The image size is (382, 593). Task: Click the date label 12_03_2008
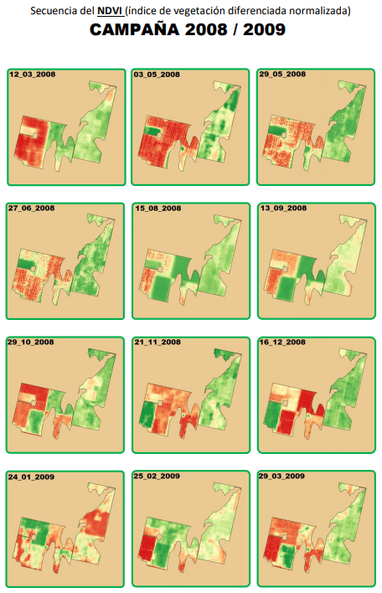point(32,75)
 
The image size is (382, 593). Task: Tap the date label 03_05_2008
point(157,75)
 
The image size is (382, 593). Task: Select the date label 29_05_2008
point(282,74)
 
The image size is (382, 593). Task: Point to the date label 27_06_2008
point(31,208)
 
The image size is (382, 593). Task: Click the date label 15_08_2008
point(158,209)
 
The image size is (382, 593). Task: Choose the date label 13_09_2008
point(283,208)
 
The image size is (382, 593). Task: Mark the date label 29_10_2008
point(31,342)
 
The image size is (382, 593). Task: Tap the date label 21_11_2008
point(157,342)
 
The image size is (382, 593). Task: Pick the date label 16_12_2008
point(282,342)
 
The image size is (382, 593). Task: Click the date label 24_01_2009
point(31,477)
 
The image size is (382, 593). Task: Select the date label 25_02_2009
point(157,476)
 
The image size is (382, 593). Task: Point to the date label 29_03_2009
point(281,476)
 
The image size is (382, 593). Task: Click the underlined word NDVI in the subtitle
point(109,11)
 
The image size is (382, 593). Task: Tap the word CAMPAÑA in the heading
point(134,30)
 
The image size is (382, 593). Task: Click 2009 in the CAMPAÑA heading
point(264,30)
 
